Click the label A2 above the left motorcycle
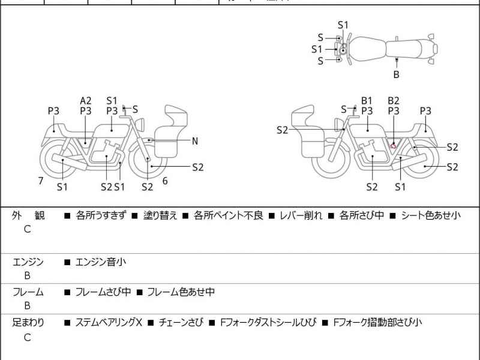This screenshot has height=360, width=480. pos(86,101)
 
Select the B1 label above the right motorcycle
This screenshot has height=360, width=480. pos(367,101)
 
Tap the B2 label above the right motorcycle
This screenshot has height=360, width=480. pos(394,101)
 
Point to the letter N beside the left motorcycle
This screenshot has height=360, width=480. pos(195,142)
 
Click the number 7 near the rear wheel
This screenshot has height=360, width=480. pos(41,180)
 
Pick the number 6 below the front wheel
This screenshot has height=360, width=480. pos(165,180)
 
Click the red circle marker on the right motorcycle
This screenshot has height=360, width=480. pos(394,145)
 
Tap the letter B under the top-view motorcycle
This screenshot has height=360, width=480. pos(396,75)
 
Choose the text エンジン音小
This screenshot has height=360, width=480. pos(100,262)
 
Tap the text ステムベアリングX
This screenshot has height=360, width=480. pos(108,323)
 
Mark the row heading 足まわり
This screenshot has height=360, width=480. pos(28,323)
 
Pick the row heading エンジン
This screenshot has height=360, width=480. pos(28,262)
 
